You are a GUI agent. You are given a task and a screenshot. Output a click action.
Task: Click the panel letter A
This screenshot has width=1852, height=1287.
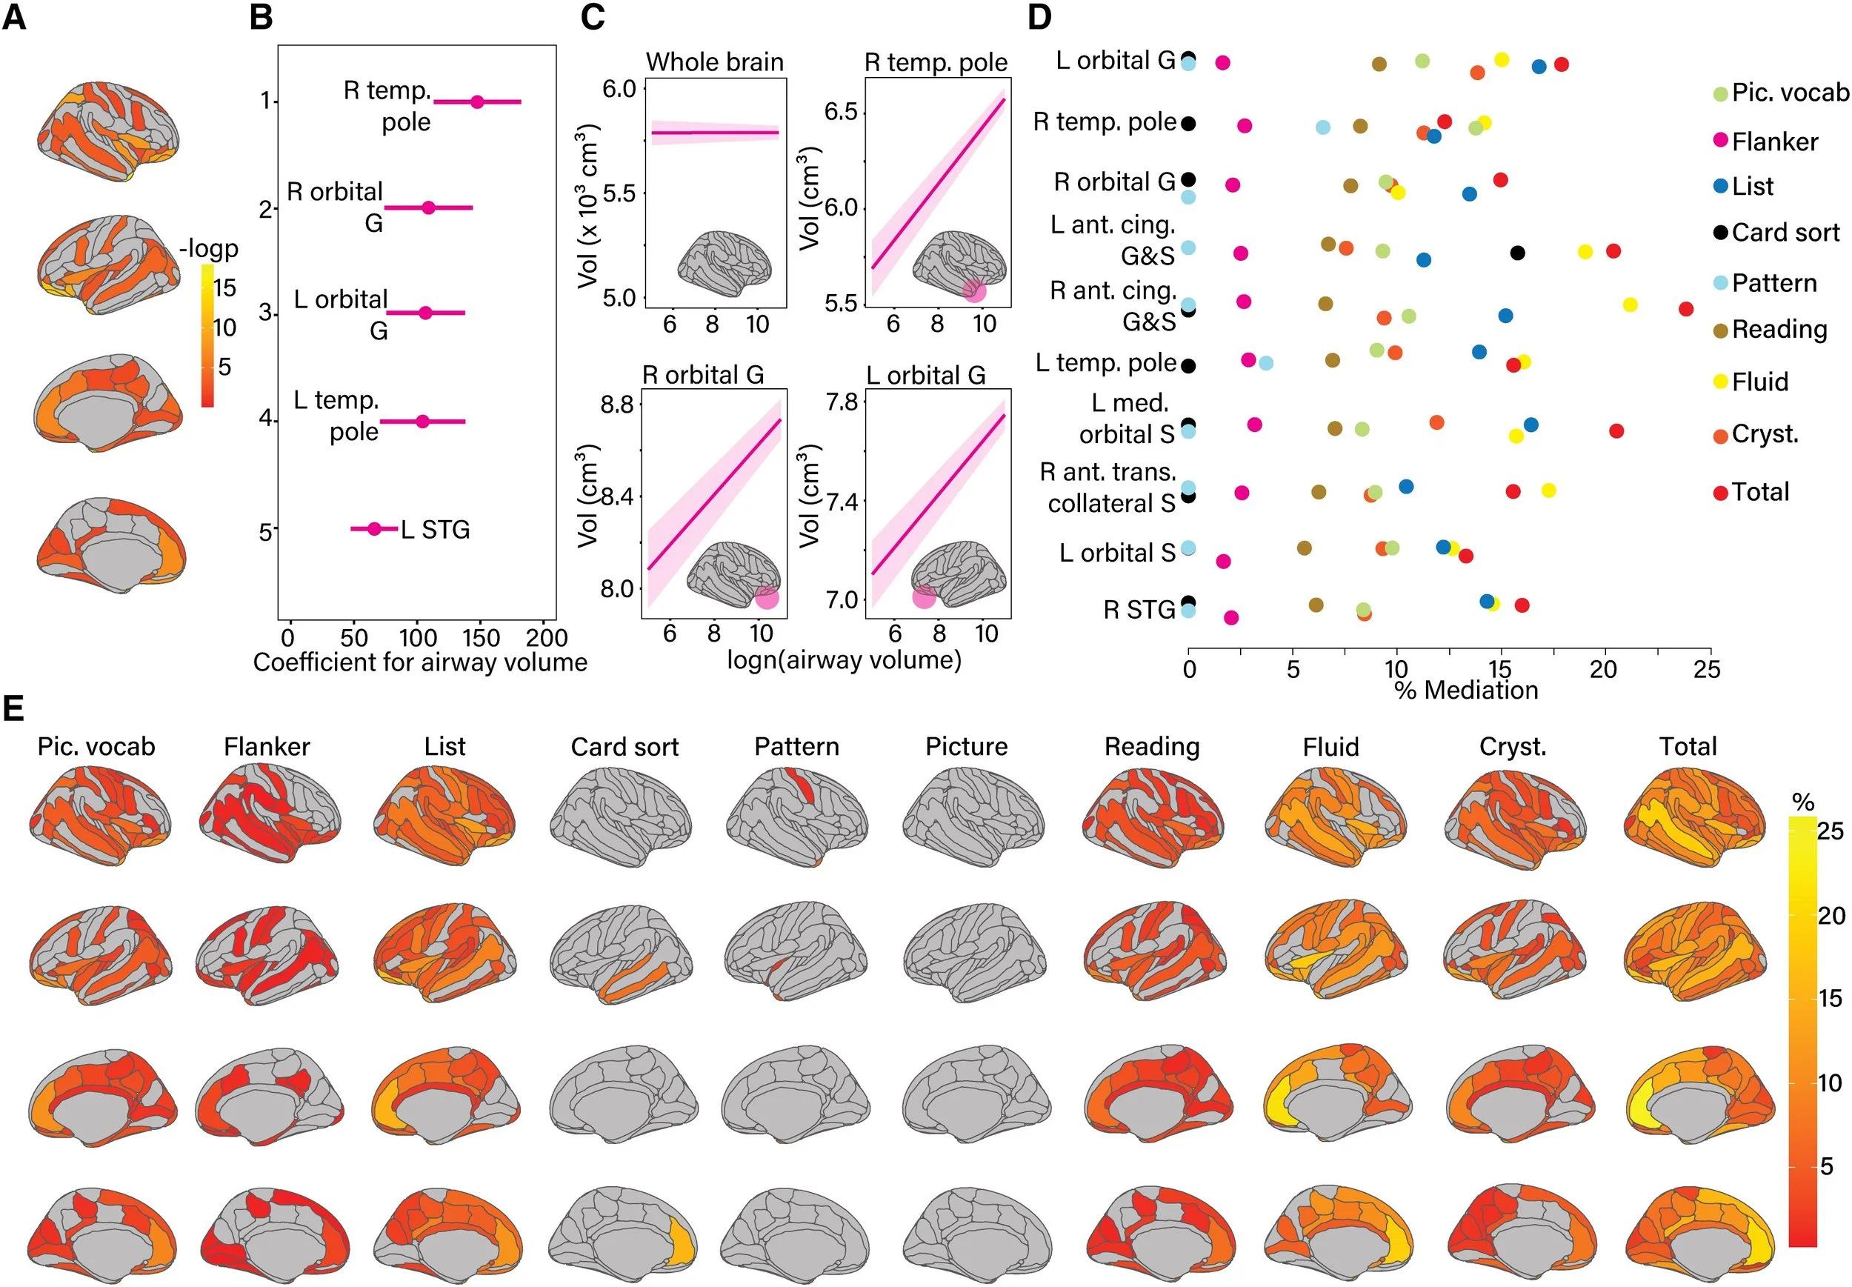pyautogui.click(x=15, y=18)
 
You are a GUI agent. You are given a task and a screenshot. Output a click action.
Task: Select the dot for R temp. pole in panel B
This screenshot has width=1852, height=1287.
pyautogui.click(x=476, y=102)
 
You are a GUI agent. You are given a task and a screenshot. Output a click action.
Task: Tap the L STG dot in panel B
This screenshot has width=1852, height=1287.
pyautogui.click(x=374, y=529)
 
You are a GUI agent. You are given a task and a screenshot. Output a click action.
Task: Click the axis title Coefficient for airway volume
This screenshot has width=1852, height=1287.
pyautogui.click(x=420, y=663)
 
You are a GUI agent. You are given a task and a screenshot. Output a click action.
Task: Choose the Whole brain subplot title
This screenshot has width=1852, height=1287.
pyautogui.click(x=714, y=62)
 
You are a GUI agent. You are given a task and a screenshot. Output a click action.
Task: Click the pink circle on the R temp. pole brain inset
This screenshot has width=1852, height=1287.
pyautogui.click(x=974, y=291)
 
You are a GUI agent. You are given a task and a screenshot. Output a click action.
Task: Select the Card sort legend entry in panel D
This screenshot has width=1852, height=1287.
pyautogui.click(x=1785, y=233)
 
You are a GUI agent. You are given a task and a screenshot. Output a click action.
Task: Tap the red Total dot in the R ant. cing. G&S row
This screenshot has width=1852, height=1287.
pyautogui.click(x=1685, y=309)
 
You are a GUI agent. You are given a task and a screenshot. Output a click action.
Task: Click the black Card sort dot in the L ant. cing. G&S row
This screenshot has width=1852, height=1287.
pyautogui.click(x=1516, y=253)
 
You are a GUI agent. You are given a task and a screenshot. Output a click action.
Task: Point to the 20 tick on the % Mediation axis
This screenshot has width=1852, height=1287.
pyautogui.click(x=1603, y=668)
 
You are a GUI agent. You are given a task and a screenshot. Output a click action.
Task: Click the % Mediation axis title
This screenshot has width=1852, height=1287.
pyautogui.click(x=1465, y=691)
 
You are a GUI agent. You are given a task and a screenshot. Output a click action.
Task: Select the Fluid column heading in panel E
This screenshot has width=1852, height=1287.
pyautogui.click(x=1330, y=747)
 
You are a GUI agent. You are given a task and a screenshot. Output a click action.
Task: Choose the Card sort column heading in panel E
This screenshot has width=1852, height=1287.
pyautogui.click(x=624, y=747)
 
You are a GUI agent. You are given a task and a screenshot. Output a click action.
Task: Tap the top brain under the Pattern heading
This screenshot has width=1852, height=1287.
pyautogui.click(x=796, y=816)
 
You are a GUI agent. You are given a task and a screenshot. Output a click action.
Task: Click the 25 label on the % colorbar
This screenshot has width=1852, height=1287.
pyautogui.click(x=1831, y=831)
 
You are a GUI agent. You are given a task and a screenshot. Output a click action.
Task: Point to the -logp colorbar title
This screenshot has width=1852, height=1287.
pyautogui.click(x=209, y=247)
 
